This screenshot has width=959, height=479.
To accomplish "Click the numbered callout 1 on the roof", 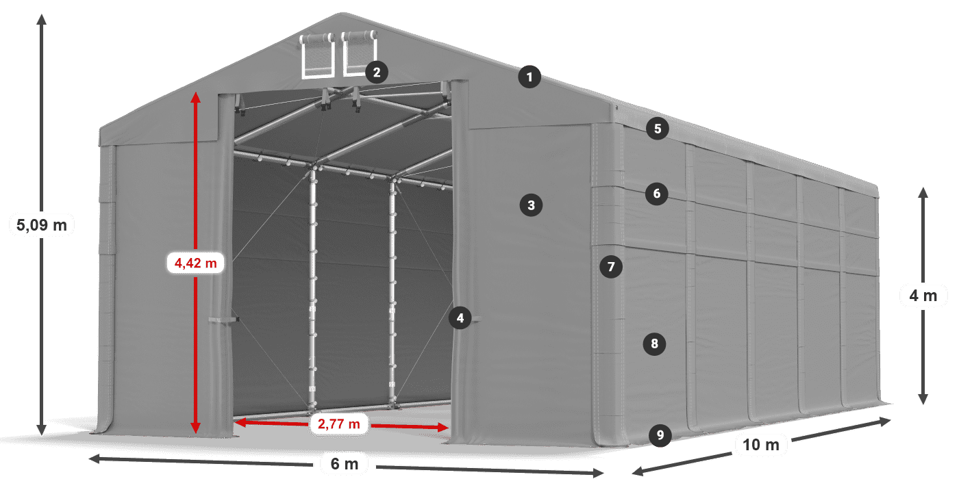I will coord(530,77).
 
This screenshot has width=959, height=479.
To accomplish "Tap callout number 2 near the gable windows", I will coord(377,71).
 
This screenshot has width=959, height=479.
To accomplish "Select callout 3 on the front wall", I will coord(531,204).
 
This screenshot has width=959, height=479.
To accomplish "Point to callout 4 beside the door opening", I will coord(460,318).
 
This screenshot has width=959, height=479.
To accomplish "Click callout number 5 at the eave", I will coord(657,128).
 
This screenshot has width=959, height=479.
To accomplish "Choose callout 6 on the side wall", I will coord(656,194).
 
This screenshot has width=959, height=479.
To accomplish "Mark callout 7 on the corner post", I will coord(611,266).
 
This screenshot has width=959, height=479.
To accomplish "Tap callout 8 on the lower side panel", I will coord(655,344).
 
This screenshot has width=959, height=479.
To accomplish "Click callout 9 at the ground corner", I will coord(659,435).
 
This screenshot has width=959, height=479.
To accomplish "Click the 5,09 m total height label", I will coord(42,224).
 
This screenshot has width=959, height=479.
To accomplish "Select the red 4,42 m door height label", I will coord(196,262).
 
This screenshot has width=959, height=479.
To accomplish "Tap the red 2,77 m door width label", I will coord(338,424).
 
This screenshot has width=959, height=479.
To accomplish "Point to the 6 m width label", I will coord(345,465).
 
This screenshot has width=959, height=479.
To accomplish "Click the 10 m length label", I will coord(760,445).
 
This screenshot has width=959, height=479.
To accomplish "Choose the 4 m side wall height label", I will coord(923,296).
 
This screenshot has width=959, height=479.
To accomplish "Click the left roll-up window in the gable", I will coord(317,55).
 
